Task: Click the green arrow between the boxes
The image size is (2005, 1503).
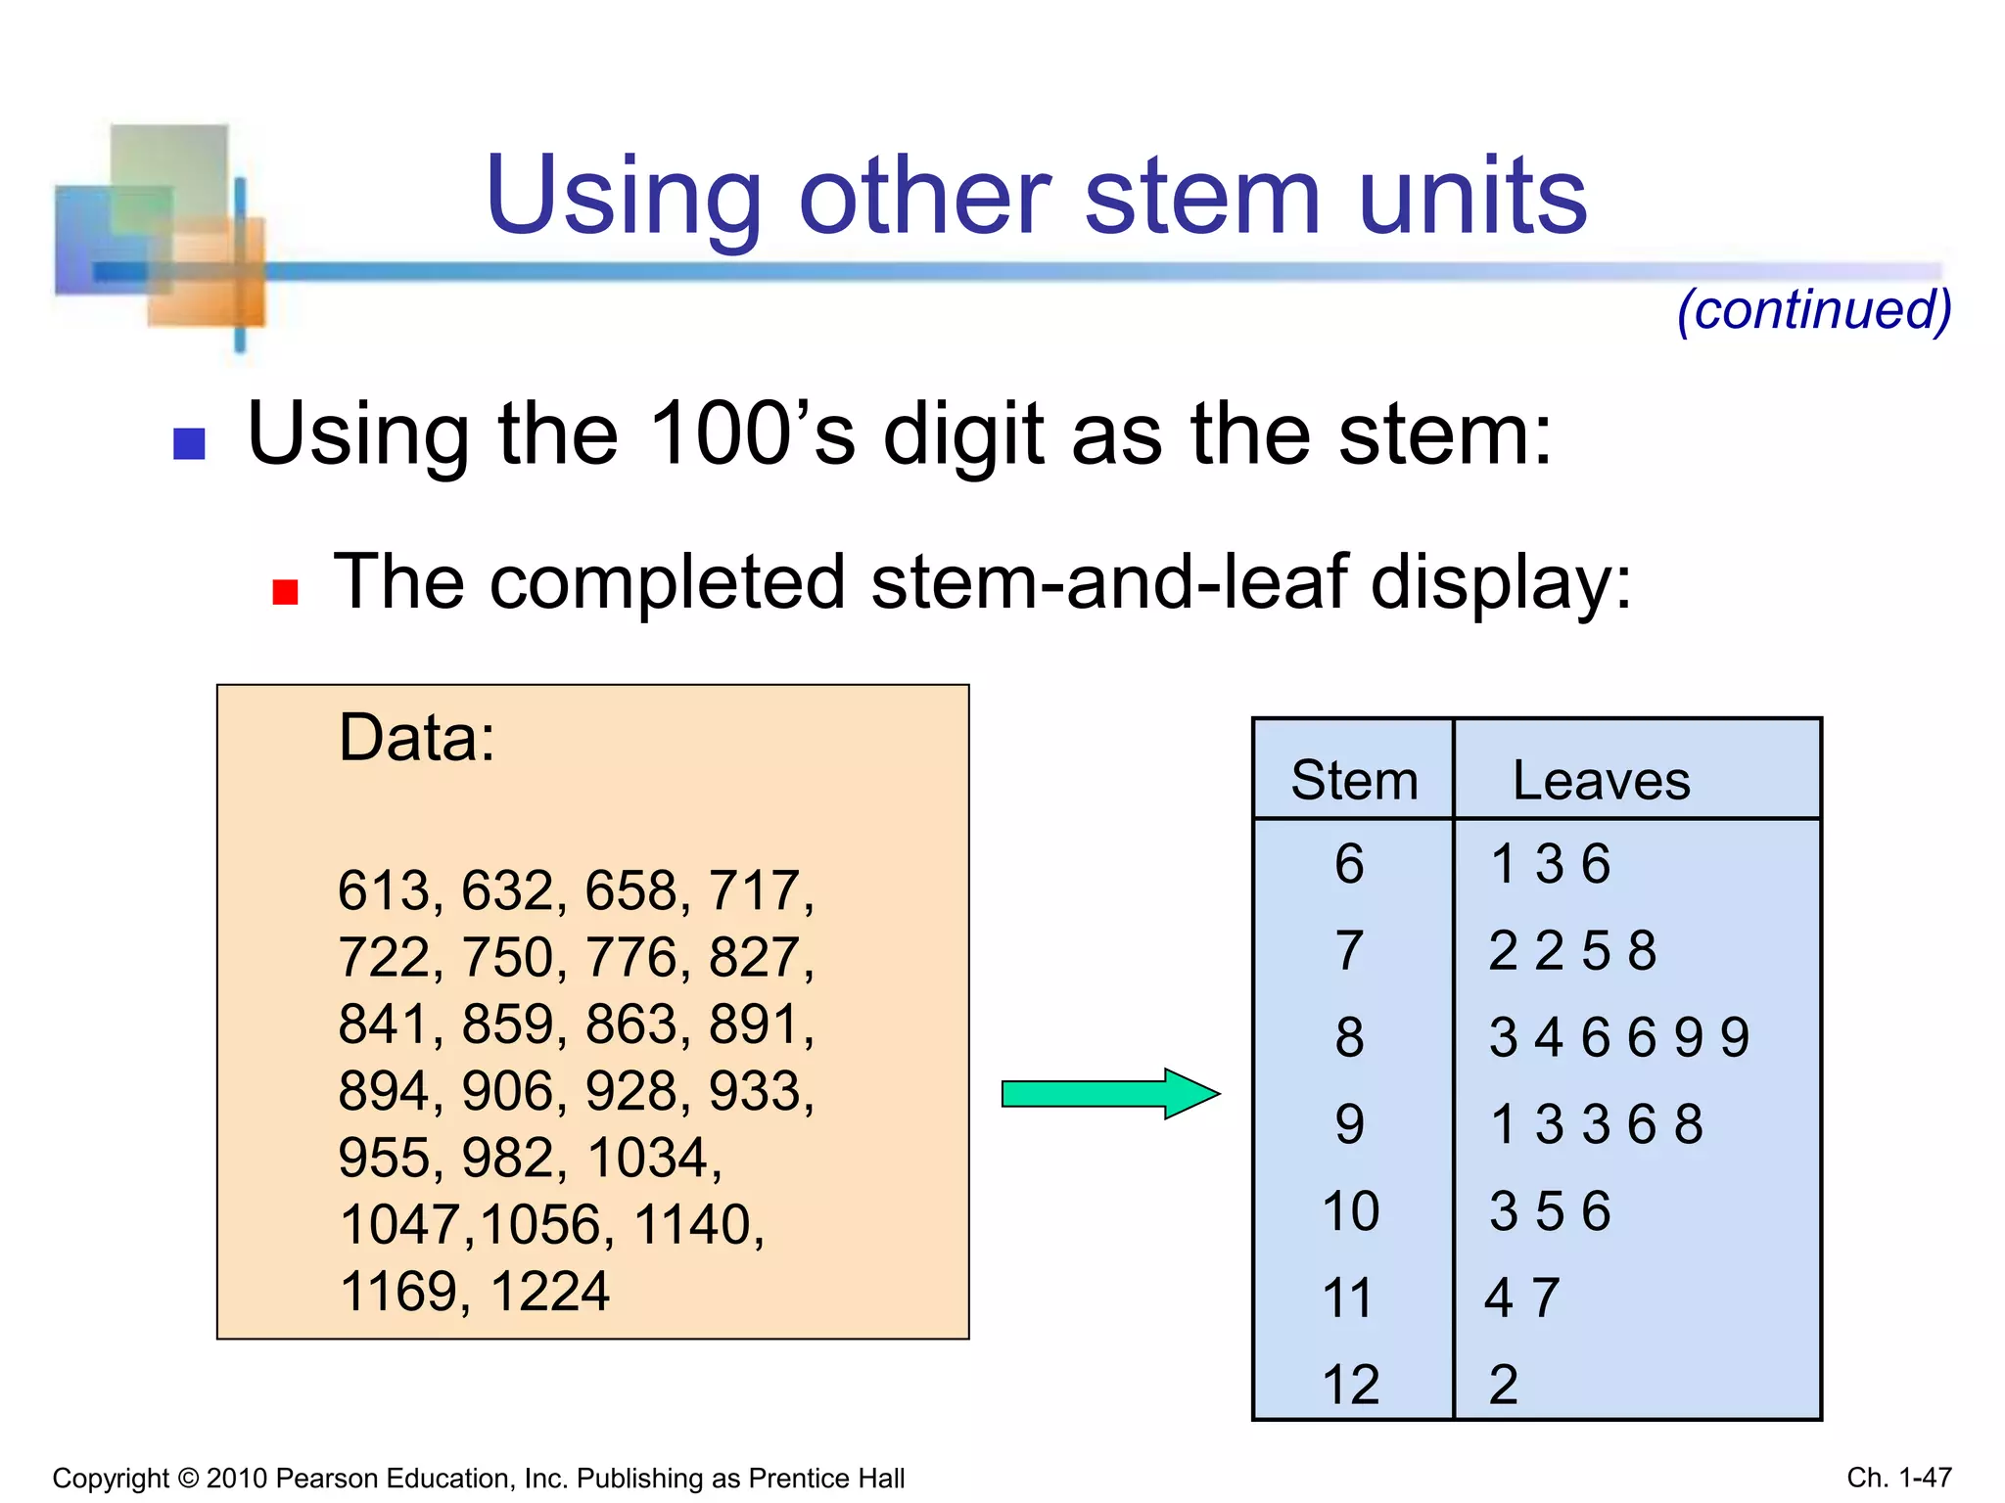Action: pyautogui.click(x=1110, y=1093)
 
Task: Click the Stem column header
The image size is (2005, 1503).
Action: pyautogui.click(x=1354, y=781)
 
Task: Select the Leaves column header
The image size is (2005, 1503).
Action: pyautogui.click(x=1601, y=781)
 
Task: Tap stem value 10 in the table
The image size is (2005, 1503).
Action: pyautogui.click(x=1350, y=1211)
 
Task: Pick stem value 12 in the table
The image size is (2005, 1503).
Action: pyautogui.click(x=1350, y=1385)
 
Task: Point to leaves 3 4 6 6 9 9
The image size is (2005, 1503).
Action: pyautogui.click(x=1618, y=1037)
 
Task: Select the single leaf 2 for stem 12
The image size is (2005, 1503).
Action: pyautogui.click(x=1503, y=1385)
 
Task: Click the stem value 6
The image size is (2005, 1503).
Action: pyautogui.click(x=1349, y=864)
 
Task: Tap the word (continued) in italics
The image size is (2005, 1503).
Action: pyautogui.click(x=1814, y=310)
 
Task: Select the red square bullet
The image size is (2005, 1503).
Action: pyautogui.click(x=285, y=592)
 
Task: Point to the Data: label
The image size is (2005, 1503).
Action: pyautogui.click(x=416, y=738)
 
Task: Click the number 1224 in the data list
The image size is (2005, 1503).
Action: pyautogui.click(x=549, y=1292)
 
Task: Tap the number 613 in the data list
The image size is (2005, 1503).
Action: pyautogui.click(x=384, y=891)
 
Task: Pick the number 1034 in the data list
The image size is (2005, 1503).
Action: pyautogui.click(x=647, y=1159)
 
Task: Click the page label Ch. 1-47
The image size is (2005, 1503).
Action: pyautogui.click(x=1898, y=1478)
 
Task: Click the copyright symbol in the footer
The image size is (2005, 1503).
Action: pyautogui.click(x=188, y=1479)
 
